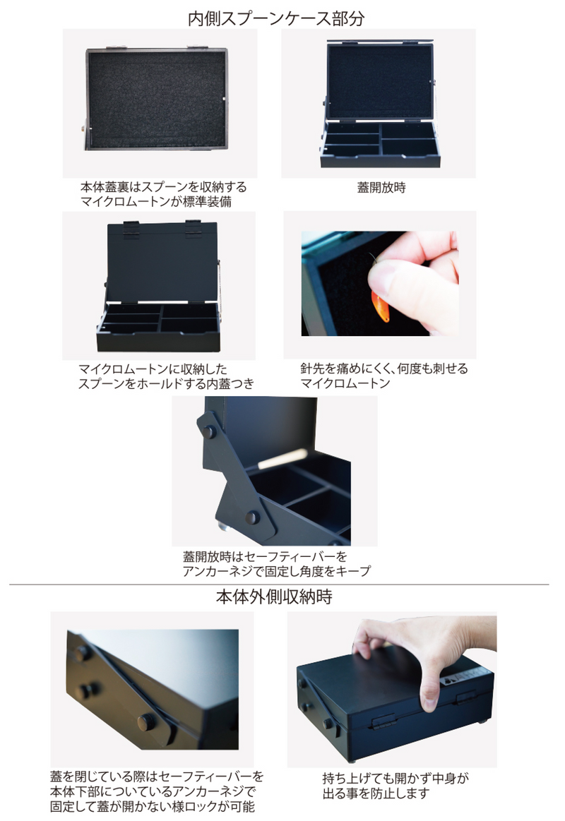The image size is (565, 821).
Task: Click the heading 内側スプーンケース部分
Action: [276, 18]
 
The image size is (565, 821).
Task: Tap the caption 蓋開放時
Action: [381, 188]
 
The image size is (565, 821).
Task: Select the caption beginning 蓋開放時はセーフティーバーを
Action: [276, 563]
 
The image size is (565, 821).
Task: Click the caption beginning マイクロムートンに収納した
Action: [165, 376]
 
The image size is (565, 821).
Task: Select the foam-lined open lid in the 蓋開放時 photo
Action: [380, 81]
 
